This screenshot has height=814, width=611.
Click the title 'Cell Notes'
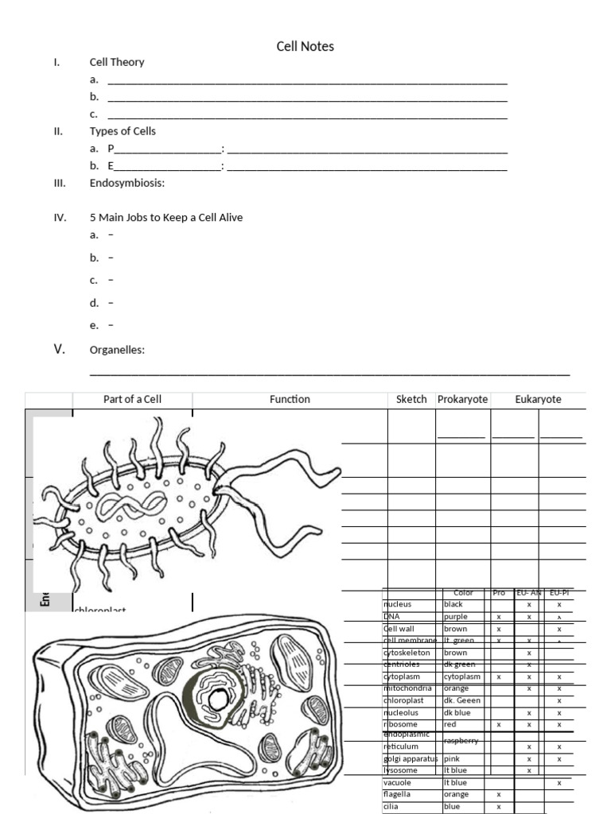(305, 47)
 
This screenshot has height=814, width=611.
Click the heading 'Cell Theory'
(117, 62)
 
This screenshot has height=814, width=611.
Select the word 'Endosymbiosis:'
(126, 183)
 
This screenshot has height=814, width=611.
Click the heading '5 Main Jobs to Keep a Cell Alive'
(165, 217)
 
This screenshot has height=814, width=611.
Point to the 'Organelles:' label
(117, 350)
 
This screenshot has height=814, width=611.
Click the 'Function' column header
(290, 399)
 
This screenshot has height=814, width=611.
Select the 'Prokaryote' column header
(462, 399)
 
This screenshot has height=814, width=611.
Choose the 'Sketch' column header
(411, 399)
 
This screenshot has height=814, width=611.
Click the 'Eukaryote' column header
(538, 399)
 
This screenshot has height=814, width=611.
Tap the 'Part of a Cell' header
(132, 399)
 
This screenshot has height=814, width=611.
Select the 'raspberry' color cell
(461, 740)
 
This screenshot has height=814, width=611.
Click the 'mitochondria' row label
(407, 688)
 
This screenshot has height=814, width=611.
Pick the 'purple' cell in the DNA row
(456, 616)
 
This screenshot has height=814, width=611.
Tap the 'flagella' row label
(399, 794)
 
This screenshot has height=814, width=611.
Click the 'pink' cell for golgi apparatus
(452, 758)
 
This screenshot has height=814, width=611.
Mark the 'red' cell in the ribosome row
(450, 724)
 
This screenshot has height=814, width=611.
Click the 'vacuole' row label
(398, 782)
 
